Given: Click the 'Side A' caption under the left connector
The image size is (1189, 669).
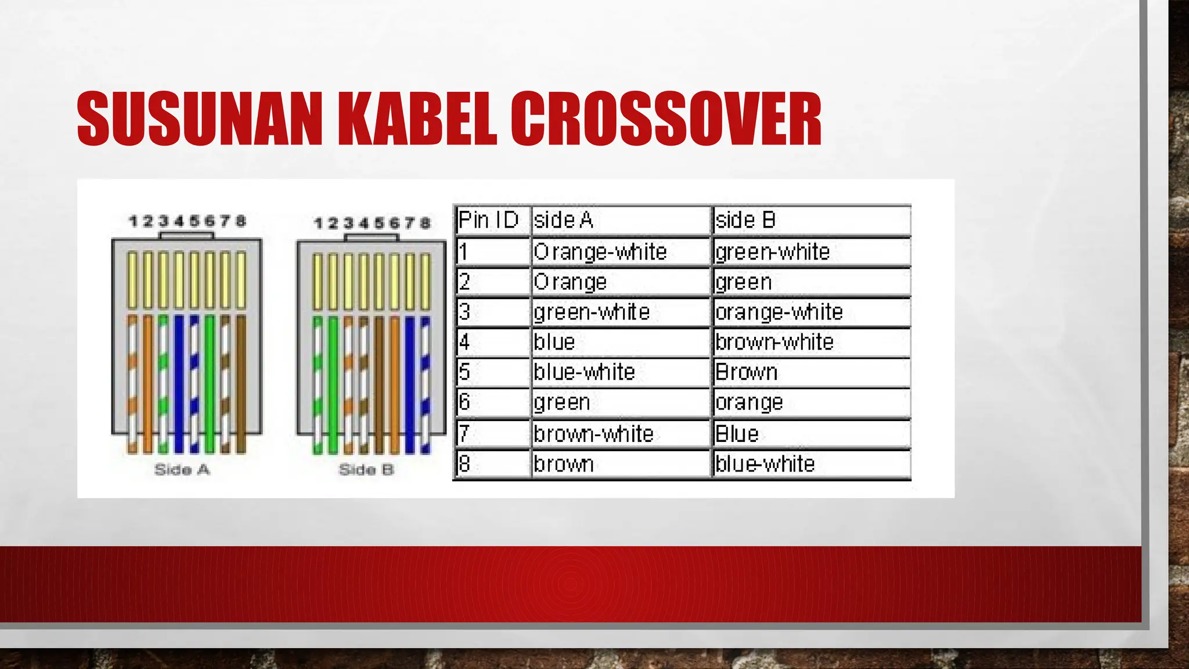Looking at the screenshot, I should point(182,469).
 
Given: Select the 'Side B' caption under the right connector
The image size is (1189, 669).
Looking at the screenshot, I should point(366,469).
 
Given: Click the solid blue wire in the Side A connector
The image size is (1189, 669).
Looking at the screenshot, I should point(179,383).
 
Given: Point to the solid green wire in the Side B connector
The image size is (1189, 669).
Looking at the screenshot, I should point(333,383).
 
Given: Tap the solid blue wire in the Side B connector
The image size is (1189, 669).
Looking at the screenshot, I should point(410,383).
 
